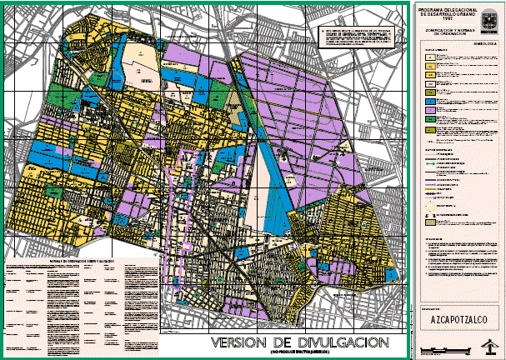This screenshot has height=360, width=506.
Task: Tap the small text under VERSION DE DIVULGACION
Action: point(305,353)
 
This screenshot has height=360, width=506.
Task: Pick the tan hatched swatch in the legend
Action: point(430,222)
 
